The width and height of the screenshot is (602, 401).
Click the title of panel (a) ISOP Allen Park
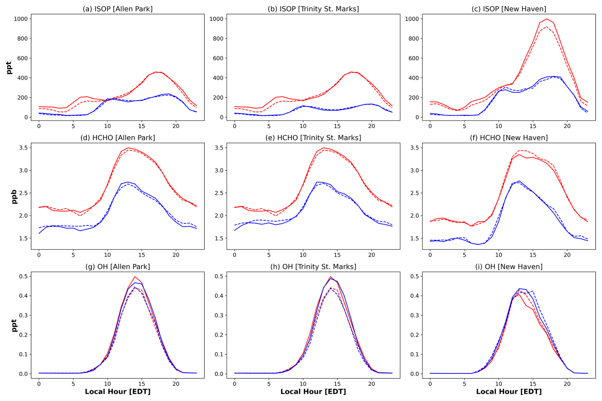(x=118, y=9)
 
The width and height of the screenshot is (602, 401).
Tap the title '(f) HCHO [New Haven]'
(x=509, y=138)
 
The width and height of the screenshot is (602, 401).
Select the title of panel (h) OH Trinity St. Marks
(x=313, y=266)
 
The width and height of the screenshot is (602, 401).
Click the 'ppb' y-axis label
(x=14, y=197)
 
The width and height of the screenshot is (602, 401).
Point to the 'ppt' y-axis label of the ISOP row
(x=9, y=68)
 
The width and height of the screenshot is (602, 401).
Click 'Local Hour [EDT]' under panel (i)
(x=509, y=391)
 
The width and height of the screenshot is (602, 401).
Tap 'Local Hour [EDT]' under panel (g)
(x=118, y=391)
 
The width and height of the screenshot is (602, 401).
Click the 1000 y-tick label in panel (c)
(x=412, y=19)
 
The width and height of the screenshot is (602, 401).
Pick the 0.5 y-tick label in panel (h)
(x=219, y=276)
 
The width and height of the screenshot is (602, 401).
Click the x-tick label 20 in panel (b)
(x=372, y=126)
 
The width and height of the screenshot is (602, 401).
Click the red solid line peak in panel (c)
(x=547, y=19)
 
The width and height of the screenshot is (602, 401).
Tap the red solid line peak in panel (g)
(x=135, y=277)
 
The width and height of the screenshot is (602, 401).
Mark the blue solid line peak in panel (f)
(x=519, y=181)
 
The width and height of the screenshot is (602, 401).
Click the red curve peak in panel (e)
(x=324, y=148)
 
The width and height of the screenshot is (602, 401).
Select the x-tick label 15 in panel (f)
(x=533, y=255)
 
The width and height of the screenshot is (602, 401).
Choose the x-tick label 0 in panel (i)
(x=430, y=384)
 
